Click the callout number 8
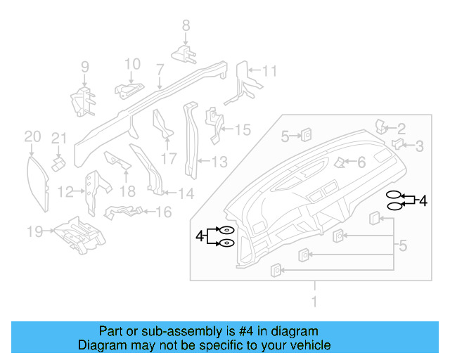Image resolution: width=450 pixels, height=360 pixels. pyautogui.click(x=186, y=25)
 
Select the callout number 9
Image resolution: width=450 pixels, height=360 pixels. pyautogui.click(x=84, y=67)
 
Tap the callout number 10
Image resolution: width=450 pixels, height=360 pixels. pyautogui.click(x=133, y=65)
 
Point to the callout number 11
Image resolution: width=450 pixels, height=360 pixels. pyautogui.click(x=270, y=71)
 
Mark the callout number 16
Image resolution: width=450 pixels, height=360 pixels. pyautogui.click(x=163, y=211)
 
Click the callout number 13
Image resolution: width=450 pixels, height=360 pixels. pyautogui.click(x=219, y=162)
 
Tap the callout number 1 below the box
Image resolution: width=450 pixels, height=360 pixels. pyautogui.click(x=314, y=302)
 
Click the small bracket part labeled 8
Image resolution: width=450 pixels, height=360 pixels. pyautogui.click(x=185, y=53)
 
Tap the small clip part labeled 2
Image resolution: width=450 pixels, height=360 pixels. pyautogui.click(x=382, y=127)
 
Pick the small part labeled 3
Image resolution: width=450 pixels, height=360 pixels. pyautogui.click(x=397, y=145)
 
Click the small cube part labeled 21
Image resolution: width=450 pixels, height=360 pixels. pyautogui.click(x=59, y=161)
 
